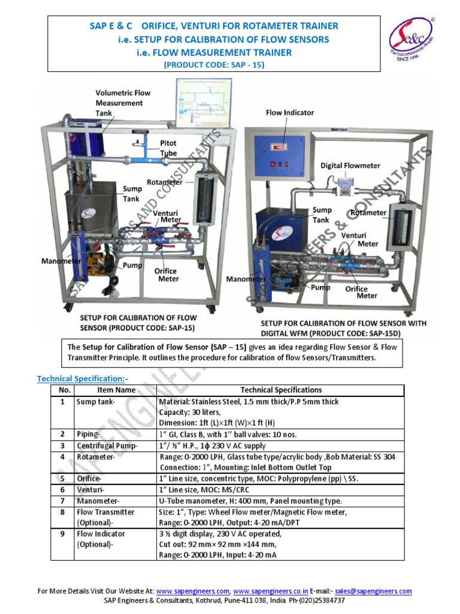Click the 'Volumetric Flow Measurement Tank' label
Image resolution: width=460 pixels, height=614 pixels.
coord(123,103)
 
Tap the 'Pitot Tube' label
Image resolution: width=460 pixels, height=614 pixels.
coord(168,148)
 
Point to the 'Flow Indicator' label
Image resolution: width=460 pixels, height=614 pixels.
coord(290,112)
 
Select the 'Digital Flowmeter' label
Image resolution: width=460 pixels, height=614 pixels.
coord(350,165)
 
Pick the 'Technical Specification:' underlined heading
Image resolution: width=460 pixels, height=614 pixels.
coord(81,378)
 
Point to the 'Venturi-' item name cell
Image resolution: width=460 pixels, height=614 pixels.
coord(90,490)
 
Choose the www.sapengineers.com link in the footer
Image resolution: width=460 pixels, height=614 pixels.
coord(192,591)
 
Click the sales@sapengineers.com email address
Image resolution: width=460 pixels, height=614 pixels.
coord(373,591)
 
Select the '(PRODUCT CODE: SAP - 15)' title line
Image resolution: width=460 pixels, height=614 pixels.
coord(214,64)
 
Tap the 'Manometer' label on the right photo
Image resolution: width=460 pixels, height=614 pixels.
coord(246,279)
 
